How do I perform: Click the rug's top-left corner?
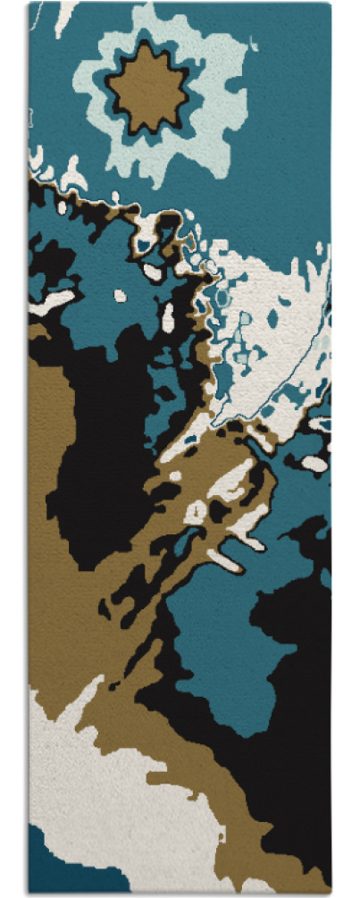(29, 4)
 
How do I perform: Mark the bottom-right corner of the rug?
(331, 894)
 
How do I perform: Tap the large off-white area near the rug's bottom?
(98, 786)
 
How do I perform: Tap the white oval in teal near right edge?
(314, 463)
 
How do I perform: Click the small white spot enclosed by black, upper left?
(120, 296)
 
